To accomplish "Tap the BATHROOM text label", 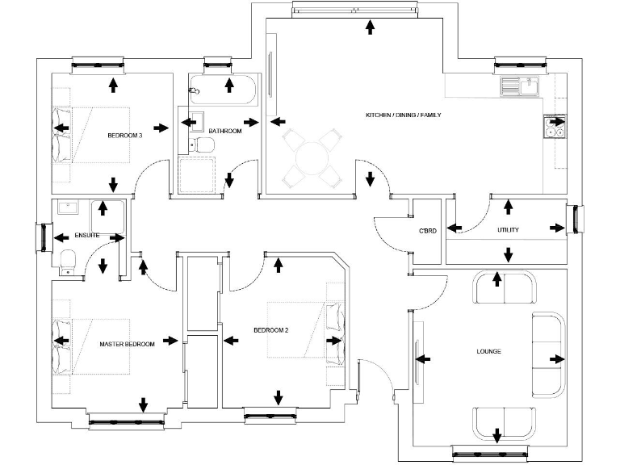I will click(224, 130).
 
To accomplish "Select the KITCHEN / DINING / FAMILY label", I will click(404, 115).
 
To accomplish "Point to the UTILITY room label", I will click(508, 230).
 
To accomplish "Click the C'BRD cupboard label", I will click(428, 231).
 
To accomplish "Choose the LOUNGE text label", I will click(488, 351).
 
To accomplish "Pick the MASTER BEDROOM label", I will click(127, 345).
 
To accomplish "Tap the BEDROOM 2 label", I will click(271, 330).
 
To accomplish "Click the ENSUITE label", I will click(87, 236).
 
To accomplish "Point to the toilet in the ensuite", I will click(69, 259).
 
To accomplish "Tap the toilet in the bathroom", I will click(203, 145).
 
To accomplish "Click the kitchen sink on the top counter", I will click(519, 86).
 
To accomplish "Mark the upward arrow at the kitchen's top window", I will click(370, 27).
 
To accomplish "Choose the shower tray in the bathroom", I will click(197, 174).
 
